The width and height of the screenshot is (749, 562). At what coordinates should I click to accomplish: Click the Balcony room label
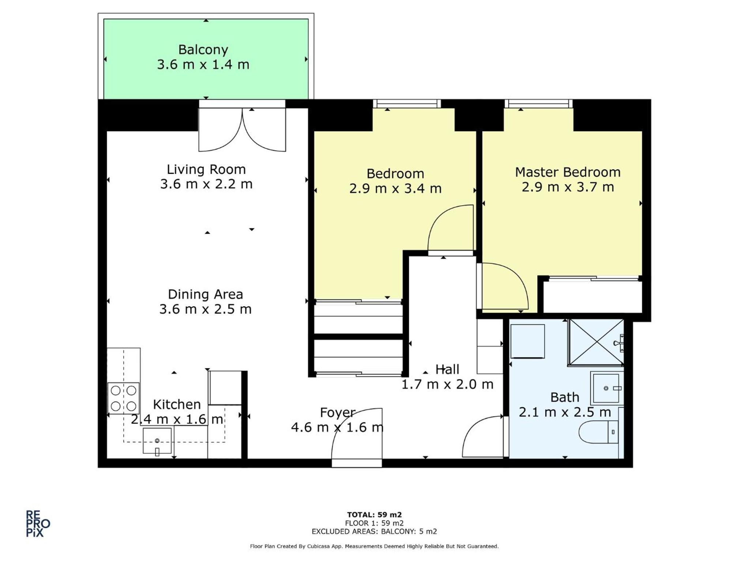pyautogui.click(x=203, y=49)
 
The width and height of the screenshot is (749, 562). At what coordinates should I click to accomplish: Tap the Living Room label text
pyautogui.click(x=206, y=169)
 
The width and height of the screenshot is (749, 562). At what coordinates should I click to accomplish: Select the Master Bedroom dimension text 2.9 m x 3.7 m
pyautogui.click(x=568, y=187)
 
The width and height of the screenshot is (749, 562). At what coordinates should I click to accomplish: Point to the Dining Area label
pyautogui.click(x=205, y=294)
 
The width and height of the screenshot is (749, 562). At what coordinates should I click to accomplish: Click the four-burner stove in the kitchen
pyautogui.click(x=124, y=398)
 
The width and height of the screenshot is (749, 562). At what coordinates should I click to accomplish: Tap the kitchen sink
pyautogui.click(x=157, y=441)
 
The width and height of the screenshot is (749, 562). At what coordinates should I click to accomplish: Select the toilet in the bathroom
pyautogui.click(x=598, y=432)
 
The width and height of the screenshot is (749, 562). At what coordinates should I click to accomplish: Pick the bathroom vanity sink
pyautogui.click(x=606, y=388)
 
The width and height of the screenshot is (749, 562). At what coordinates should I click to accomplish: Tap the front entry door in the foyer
pyautogui.click(x=357, y=435)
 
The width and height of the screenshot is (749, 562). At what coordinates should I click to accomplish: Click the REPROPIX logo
pyautogui.click(x=38, y=524)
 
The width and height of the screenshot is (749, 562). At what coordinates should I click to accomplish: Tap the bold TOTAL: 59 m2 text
pyautogui.click(x=374, y=515)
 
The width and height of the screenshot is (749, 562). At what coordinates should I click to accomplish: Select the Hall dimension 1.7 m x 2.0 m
pyautogui.click(x=447, y=384)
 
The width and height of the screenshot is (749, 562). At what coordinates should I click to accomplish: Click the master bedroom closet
pyautogui.click(x=592, y=296)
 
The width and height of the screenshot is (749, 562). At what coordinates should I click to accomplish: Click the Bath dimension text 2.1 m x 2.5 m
pyautogui.click(x=565, y=412)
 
